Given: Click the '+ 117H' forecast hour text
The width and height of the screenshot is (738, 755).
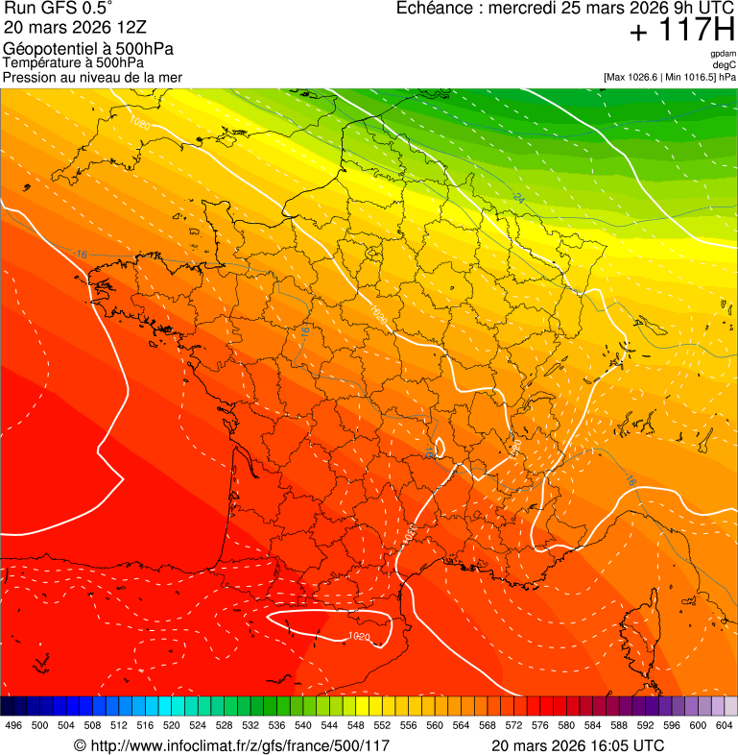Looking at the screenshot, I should click(x=682, y=31).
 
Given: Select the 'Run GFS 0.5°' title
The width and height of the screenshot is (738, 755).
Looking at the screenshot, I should click(x=58, y=9).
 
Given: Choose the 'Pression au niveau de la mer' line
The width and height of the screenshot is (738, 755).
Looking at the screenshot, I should click(x=92, y=77).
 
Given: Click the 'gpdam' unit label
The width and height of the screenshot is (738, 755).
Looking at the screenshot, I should click(x=723, y=54).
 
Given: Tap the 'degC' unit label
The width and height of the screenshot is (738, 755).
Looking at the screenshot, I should click(x=725, y=64).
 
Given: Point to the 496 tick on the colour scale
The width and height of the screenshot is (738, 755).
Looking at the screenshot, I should click(x=13, y=725).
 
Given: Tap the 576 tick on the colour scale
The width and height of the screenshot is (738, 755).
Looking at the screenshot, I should click(x=540, y=725).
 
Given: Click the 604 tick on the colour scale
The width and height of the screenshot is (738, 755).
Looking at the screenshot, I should click(x=725, y=725).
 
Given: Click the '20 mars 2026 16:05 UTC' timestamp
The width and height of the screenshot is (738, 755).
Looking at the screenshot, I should click(x=577, y=745).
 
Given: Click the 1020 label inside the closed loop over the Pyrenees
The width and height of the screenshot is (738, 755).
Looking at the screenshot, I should click(x=358, y=636).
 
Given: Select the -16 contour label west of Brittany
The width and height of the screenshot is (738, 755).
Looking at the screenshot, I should click(x=82, y=255).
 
